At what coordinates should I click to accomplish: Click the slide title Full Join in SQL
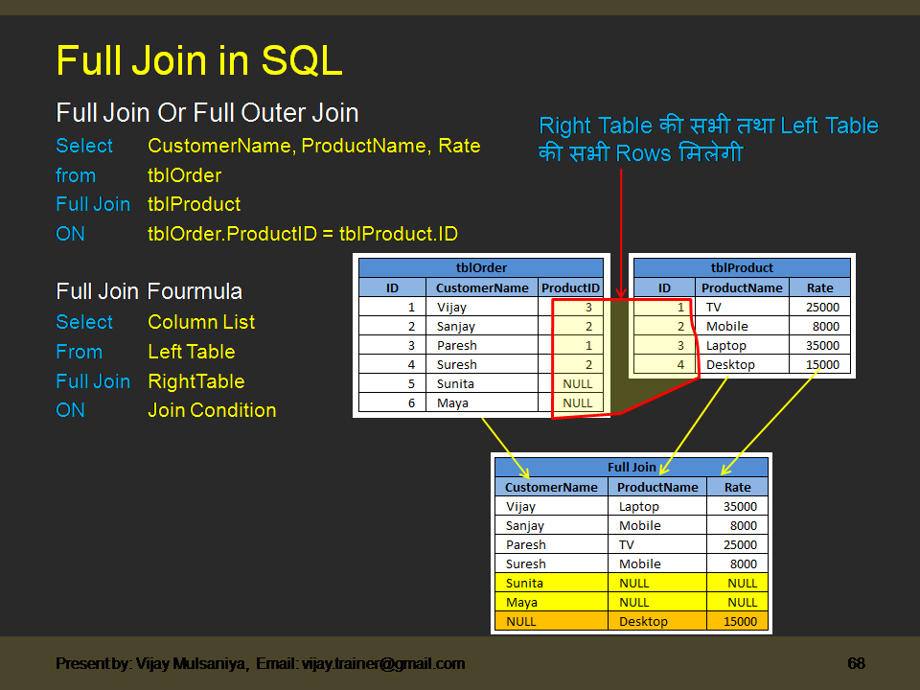click(199, 61)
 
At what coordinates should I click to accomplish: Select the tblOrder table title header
click(481, 268)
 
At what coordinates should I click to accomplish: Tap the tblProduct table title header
click(742, 268)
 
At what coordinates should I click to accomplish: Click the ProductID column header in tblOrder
click(571, 287)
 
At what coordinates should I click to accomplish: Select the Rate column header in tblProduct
click(819, 287)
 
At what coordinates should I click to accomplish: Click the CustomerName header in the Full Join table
click(551, 487)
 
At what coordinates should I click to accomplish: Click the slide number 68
click(856, 663)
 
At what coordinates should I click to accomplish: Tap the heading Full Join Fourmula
click(149, 291)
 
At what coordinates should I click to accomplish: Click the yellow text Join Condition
click(212, 410)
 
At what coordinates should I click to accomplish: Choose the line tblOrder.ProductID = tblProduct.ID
click(302, 234)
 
